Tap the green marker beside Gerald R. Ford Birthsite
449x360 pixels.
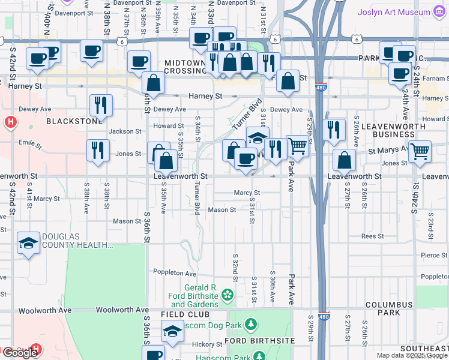227,295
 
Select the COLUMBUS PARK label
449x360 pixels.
391,308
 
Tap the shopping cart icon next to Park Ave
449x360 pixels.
297,146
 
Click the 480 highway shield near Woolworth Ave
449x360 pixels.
324,316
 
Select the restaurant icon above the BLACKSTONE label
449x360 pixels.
101,105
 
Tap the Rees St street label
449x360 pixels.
372,236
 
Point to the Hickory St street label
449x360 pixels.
207,344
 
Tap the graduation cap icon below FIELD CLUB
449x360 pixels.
172,331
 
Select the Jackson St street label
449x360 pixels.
125,131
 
